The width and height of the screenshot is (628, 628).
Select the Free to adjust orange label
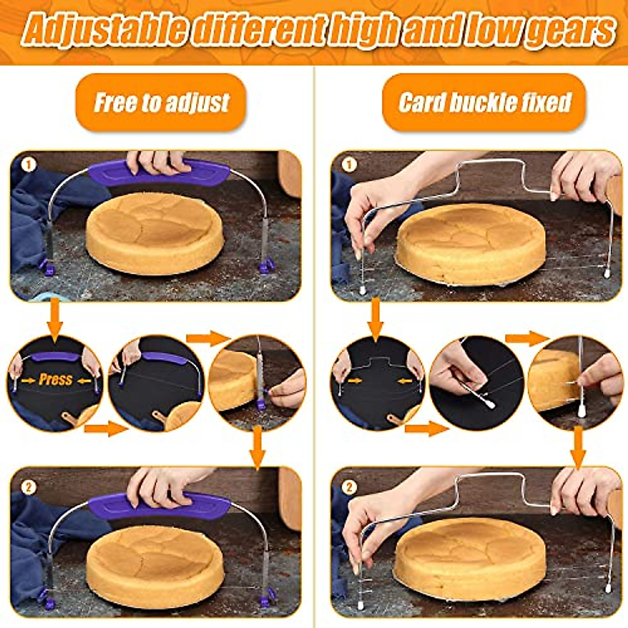coord(161,103)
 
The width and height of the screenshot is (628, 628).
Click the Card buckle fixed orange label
coord(484,103)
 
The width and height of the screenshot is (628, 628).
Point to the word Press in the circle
coord(55,379)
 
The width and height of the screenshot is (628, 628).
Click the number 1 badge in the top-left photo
coord(28,165)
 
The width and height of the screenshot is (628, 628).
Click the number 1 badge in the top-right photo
coord(349,165)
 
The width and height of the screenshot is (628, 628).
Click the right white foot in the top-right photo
coord(607,273)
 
